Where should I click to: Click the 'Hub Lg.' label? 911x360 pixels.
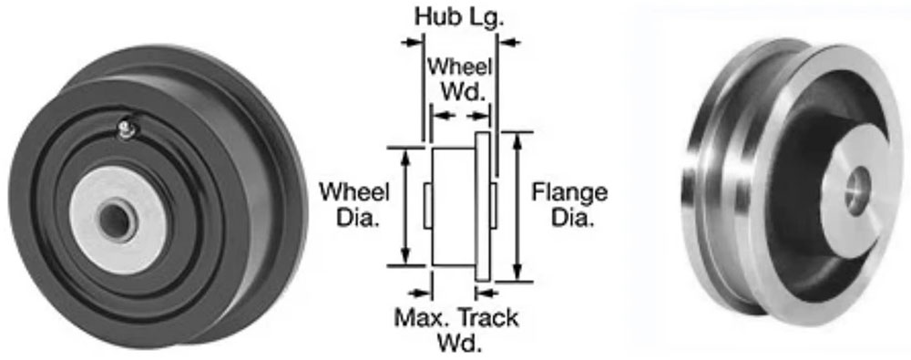[458, 17]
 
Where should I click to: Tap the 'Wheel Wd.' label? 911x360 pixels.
[460, 79]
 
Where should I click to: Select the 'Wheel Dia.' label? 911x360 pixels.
[354, 205]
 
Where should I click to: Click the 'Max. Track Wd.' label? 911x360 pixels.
[456, 330]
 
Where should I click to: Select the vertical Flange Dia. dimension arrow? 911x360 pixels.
[517, 205]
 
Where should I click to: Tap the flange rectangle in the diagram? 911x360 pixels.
[483, 205]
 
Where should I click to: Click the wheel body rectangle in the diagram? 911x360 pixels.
[453, 205]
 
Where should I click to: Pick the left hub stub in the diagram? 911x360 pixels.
[427, 205]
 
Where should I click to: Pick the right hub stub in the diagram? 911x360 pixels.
[494, 205]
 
